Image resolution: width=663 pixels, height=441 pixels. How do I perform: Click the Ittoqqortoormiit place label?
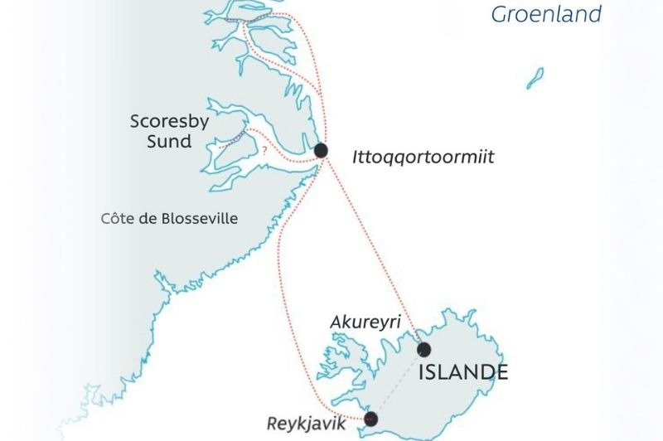coord(423,156)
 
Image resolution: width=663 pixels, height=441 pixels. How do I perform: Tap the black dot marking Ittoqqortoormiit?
coord(321,150)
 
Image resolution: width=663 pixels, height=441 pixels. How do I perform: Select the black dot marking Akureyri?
coord(424,349)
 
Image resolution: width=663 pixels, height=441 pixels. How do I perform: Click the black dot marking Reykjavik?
coord(370,419)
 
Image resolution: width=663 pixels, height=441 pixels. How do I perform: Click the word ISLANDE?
coord(462,373)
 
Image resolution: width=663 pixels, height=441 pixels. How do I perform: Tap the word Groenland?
coord(545,14)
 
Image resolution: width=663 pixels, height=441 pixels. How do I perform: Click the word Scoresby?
coord(169,122)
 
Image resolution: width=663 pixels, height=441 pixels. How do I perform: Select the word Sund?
coord(169,141)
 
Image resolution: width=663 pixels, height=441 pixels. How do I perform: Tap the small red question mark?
coord(264,152)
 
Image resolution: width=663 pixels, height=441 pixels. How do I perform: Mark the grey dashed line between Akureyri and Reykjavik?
coord(398,384)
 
